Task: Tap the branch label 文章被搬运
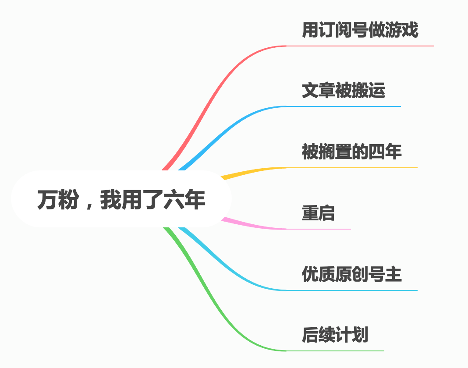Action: coord(343,91)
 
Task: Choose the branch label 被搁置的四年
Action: coord(351,152)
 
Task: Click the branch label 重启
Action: coord(318,213)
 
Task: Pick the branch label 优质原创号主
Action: coord(351,274)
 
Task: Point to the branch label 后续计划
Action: coord(335,335)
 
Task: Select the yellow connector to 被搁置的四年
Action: coord(254,171)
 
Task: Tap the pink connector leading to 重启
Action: coord(254,226)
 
